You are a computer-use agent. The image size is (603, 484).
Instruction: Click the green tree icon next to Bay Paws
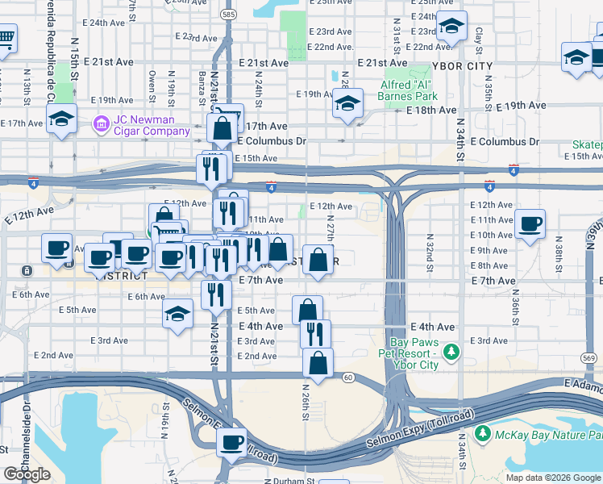click(451, 352)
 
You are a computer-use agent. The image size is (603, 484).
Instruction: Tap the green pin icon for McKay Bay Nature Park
click(483, 434)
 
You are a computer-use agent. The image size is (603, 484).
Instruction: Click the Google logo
click(27, 474)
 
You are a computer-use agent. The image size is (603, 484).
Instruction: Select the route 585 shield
click(229, 15)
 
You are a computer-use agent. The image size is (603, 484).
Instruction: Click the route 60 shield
click(348, 377)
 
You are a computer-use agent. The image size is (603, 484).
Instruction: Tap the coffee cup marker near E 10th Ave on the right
click(530, 223)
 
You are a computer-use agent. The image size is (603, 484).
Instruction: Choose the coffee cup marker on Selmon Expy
click(232, 442)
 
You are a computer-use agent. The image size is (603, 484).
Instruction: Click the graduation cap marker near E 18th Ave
click(347, 104)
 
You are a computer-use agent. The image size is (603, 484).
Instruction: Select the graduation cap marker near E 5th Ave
click(177, 315)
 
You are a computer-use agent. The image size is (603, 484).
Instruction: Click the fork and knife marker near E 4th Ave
click(314, 332)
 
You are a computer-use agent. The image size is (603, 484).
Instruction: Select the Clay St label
click(478, 35)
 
